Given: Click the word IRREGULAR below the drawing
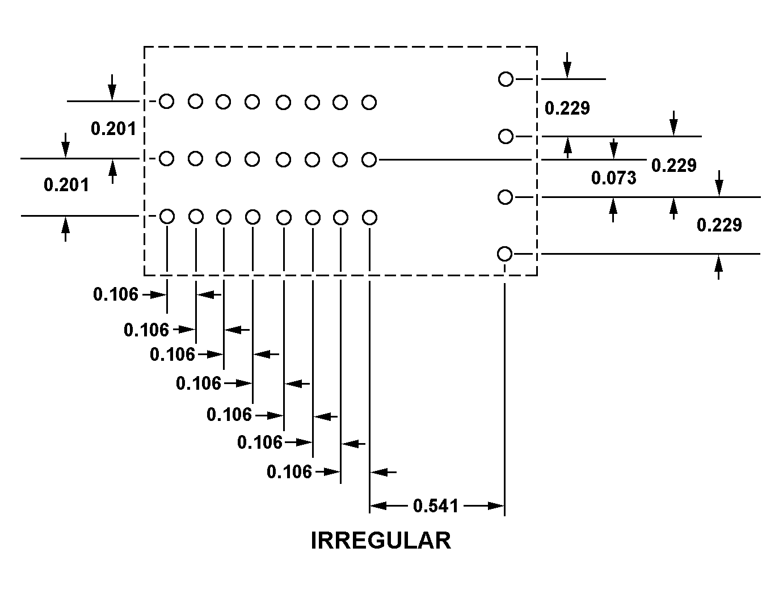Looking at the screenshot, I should [x=381, y=541].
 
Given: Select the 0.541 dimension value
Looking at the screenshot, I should [x=435, y=505].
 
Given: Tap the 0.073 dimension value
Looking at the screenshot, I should [x=613, y=178].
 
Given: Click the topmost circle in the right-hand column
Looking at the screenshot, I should [x=506, y=79].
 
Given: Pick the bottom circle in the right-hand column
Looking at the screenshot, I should [x=504, y=254].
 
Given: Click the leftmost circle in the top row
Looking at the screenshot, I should [x=166, y=101].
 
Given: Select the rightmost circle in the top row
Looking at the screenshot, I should [x=369, y=103].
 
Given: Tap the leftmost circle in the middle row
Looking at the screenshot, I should [x=166, y=158].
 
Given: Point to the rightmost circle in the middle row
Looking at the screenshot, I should [x=369, y=160].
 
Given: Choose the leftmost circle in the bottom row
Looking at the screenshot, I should [x=167, y=216].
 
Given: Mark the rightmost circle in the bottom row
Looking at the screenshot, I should [x=369, y=217].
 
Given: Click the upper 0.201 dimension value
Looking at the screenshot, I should [x=113, y=129].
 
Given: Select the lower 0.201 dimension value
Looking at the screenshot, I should [x=66, y=184].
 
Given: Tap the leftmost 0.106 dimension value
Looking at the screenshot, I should [x=116, y=294].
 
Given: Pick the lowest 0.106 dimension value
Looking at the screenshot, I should [x=289, y=471].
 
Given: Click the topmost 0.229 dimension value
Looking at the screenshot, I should [x=567, y=108].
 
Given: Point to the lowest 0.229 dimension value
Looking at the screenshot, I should [x=719, y=225].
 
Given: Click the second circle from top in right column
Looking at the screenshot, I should [x=506, y=137].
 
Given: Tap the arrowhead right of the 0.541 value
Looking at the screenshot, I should [x=496, y=505].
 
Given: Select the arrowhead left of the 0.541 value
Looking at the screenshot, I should [x=378, y=505].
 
